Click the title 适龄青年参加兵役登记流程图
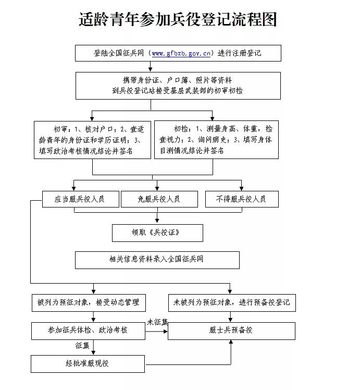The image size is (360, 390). (x=177, y=19)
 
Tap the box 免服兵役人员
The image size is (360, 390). (x=159, y=199)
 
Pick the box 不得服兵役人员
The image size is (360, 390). (x=242, y=199)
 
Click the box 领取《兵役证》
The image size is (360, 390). (x=157, y=233)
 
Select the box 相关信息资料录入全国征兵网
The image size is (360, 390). (x=157, y=260)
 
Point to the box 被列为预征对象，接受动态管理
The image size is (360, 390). (x=88, y=302)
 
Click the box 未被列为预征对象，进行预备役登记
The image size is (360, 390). (x=231, y=302)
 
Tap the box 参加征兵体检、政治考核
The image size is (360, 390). (x=88, y=330)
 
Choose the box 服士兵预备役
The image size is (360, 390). (x=231, y=331)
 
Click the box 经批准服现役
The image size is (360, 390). (x=88, y=363)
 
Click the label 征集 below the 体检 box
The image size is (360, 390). (x=82, y=345)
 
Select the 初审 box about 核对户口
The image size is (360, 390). (x=92, y=139)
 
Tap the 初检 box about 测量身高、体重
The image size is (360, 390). (x=216, y=139)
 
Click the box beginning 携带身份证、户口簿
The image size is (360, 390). (x=178, y=85)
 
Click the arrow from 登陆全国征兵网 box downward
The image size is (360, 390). (x=151, y=66)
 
